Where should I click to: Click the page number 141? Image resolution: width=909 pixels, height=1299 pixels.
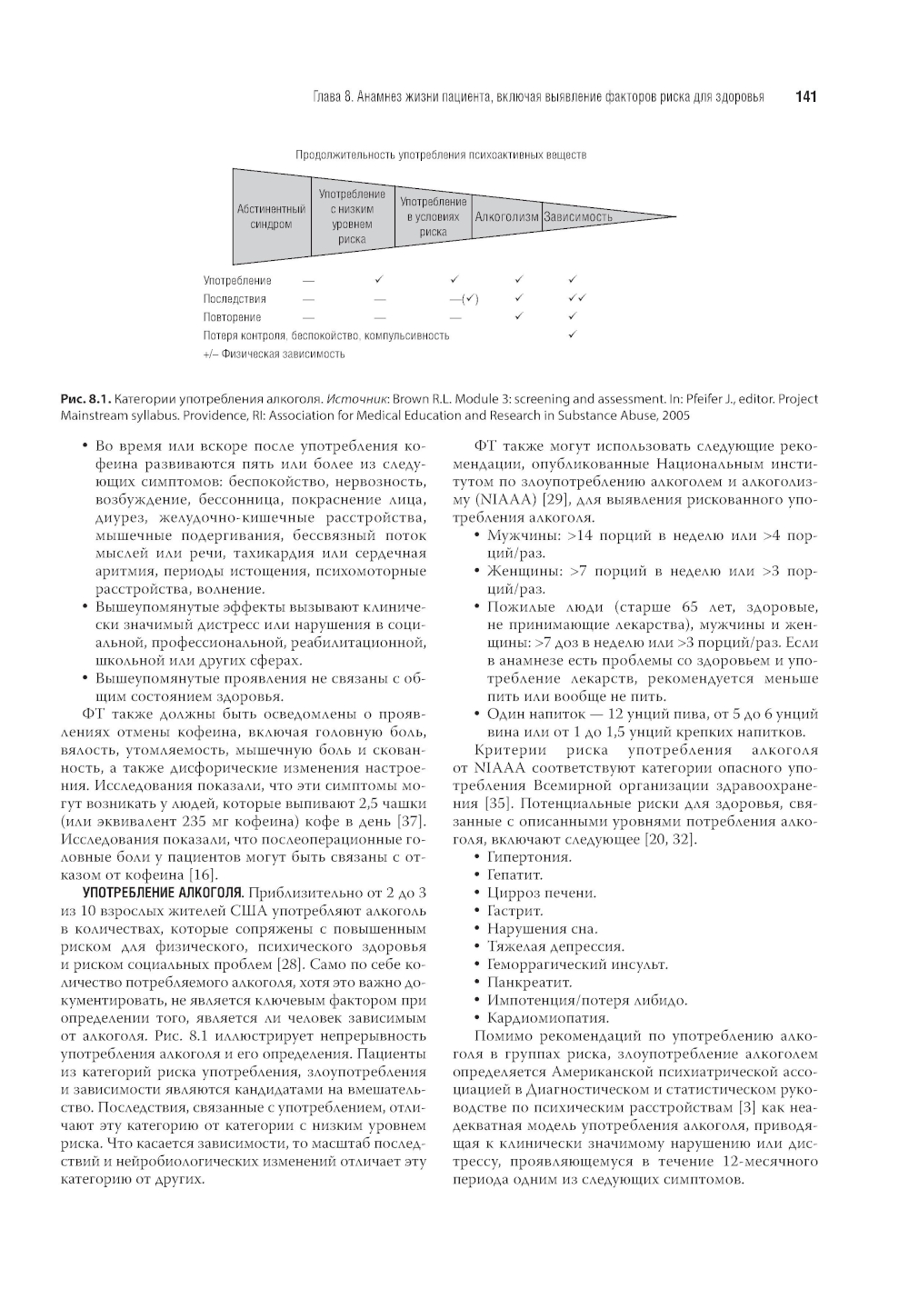[805, 96]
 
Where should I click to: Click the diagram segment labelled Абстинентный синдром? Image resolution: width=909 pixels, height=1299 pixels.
[271, 216]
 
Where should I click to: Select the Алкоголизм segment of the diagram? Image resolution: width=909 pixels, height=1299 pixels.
[506, 217]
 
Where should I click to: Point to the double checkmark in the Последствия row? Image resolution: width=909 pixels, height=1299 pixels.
[576, 298]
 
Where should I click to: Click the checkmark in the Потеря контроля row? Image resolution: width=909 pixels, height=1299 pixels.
[572, 335]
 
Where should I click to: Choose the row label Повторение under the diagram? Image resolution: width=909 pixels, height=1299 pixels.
[232, 317]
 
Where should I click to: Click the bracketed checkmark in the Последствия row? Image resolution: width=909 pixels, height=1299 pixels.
[464, 299]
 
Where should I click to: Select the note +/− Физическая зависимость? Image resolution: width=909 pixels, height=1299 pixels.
[274, 354]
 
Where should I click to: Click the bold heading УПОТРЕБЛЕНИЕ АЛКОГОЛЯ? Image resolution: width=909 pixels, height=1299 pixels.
[163, 894]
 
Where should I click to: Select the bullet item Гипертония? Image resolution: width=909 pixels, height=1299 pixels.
[529, 857]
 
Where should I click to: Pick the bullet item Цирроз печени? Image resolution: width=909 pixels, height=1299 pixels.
[542, 893]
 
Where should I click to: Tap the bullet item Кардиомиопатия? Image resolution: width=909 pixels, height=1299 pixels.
[547, 1018]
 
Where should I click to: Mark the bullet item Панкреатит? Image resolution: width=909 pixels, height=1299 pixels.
[529, 983]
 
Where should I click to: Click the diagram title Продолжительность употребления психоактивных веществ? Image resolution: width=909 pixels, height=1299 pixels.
[441, 155]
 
